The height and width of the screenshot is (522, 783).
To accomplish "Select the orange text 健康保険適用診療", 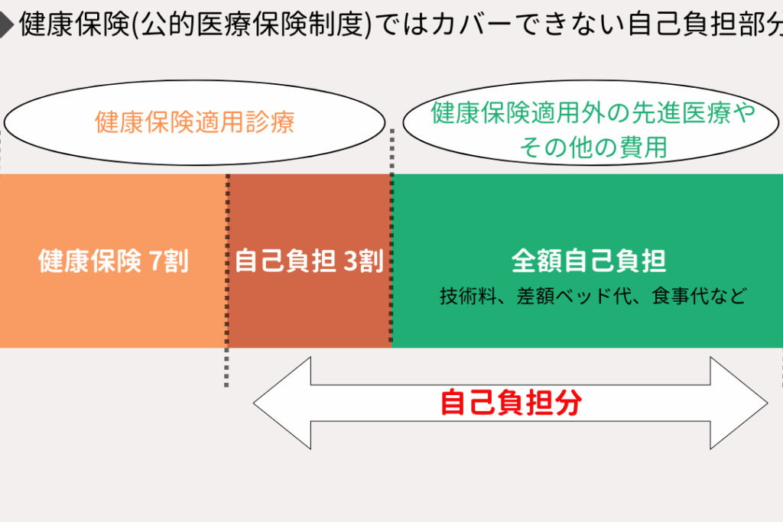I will click(x=194, y=122).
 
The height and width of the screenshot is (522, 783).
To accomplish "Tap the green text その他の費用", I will click(x=593, y=146).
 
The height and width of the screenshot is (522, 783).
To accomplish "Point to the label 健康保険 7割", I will click(x=113, y=262).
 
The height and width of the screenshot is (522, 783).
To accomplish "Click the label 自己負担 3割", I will click(x=309, y=262).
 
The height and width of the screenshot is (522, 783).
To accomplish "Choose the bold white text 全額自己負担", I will click(x=588, y=261).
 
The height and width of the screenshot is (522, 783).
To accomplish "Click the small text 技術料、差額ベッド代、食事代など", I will click(x=593, y=296).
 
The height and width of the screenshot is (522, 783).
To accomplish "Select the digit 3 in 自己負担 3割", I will click(x=351, y=262).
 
